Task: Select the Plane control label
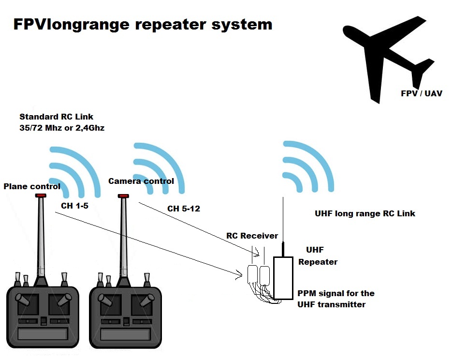click(x=32, y=186)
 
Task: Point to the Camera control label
click(x=141, y=181)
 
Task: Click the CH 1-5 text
click(x=74, y=206)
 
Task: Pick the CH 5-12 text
click(x=184, y=209)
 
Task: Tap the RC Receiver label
click(x=252, y=236)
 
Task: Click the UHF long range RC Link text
click(x=365, y=213)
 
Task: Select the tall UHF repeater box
click(x=283, y=278)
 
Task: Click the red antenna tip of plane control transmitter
click(x=40, y=195)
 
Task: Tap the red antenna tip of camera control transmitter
click(x=124, y=196)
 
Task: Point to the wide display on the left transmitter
click(x=43, y=333)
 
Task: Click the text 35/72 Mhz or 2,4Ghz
click(x=62, y=128)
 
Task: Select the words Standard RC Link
click(x=57, y=117)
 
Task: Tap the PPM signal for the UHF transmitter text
click(x=336, y=299)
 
